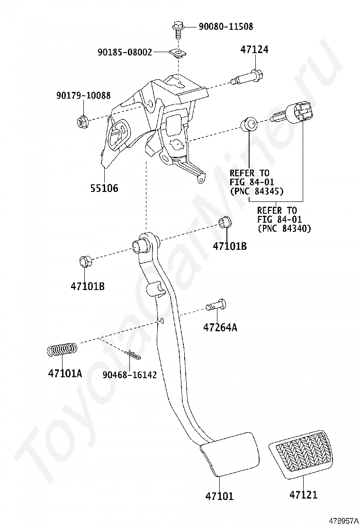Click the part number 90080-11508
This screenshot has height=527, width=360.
tap(225, 26)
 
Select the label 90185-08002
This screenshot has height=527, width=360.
tap(125, 52)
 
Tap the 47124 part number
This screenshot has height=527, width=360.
tap(254, 49)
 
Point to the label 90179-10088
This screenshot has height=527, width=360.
tap(83, 95)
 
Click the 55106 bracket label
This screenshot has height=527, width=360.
tap(104, 188)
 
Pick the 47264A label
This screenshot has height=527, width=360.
tap(220, 327)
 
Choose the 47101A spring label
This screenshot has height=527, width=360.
tap(65, 373)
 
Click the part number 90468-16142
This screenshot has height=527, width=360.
tap(130, 375)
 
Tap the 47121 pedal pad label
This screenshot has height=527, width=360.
tap(303, 495)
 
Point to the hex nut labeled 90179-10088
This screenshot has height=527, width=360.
tap(81, 120)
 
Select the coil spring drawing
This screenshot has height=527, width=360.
tap(62, 350)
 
